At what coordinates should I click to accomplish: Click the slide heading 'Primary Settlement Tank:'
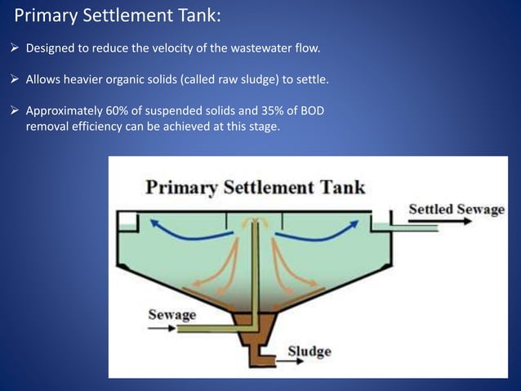pyautogui.click(x=118, y=16)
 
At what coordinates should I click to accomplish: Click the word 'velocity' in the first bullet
pyautogui.click(x=162, y=49)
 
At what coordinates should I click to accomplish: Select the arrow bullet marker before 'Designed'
pyautogui.click(x=16, y=49)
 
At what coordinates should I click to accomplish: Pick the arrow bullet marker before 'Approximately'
pyautogui.click(x=16, y=110)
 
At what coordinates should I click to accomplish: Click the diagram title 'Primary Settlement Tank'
pyautogui.click(x=255, y=187)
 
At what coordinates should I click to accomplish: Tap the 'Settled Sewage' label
pyautogui.click(x=456, y=209)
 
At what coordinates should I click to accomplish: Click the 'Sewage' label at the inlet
pyautogui.click(x=171, y=314)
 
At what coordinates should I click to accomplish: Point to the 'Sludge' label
pyautogui.click(x=309, y=352)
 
